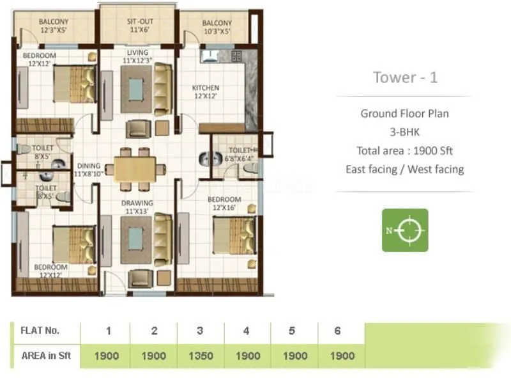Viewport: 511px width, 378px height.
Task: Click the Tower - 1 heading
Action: [x=405, y=77]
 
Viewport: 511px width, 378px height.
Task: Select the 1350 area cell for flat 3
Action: [x=200, y=356]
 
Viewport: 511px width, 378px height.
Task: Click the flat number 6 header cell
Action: [x=337, y=331]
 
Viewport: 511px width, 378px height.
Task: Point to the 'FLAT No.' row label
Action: [x=40, y=331]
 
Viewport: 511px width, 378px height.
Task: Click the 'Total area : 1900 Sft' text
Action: [x=405, y=151]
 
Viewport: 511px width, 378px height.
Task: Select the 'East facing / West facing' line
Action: [x=405, y=169]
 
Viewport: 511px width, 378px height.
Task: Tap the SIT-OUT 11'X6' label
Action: [x=137, y=26]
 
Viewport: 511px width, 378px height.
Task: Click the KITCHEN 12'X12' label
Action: [x=206, y=91]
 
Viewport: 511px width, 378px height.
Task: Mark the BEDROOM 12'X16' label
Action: [x=224, y=203]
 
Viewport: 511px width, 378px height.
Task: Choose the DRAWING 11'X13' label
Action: [x=138, y=207]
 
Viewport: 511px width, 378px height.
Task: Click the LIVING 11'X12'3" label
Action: [x=138, y=56]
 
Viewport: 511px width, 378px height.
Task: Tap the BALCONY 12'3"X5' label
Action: [x=54, y=26]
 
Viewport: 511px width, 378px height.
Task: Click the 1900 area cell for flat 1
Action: [x=107, y=356]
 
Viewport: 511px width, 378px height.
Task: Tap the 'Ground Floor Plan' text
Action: [x=405, y=114]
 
